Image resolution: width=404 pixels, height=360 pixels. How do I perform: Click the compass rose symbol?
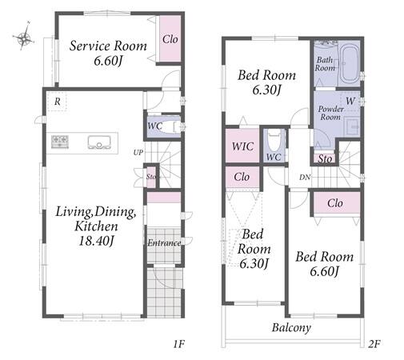23,37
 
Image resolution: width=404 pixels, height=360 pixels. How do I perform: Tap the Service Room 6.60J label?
108,53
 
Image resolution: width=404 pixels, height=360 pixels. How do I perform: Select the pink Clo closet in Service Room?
170,39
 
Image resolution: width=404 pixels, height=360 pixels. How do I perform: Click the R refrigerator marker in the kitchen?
57,102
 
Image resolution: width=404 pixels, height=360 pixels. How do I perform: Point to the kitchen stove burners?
60,142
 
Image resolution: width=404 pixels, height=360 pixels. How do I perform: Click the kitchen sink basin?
99,142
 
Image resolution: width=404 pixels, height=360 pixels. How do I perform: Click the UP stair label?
138,153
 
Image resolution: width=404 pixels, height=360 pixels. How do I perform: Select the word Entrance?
164,243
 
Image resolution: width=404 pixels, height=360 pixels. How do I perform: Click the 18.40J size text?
97,241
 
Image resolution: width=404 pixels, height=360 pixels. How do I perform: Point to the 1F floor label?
179,344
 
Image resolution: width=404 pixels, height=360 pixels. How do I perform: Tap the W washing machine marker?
350,101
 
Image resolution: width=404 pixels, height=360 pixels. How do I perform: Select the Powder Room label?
330,113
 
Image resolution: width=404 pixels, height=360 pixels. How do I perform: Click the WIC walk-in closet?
242,146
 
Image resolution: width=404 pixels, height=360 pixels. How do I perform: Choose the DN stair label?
305,177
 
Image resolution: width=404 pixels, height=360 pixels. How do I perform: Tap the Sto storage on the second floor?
325,159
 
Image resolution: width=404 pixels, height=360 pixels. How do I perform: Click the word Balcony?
291,327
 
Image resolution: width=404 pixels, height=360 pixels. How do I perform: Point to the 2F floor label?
374,344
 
